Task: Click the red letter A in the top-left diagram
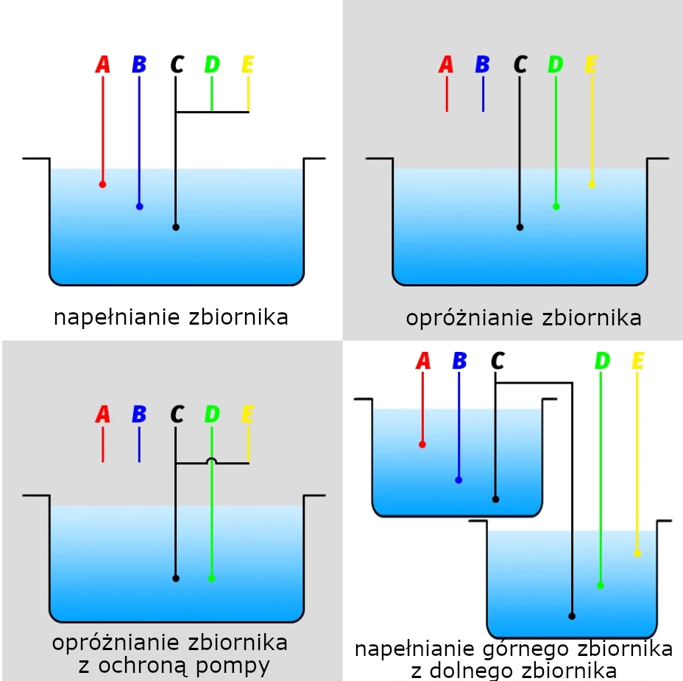(x=102, y=65)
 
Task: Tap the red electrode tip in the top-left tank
(x=102, y=184)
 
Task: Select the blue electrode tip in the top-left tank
(x=139, y=207)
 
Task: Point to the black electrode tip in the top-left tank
(x=175, y=227)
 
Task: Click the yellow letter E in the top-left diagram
(x=248, y=65)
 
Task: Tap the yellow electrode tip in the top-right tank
(x=592, y=184)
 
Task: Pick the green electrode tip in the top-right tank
(x=556, y=207)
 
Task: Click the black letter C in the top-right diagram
(x=520, y=65)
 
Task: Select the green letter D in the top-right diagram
(x=556, y=65)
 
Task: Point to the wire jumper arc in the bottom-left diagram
(x=212, y=461)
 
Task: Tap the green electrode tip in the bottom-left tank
(x=212, y=578)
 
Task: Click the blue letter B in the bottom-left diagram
(x=139, y=414)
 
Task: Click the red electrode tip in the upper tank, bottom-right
(x=422, y=444)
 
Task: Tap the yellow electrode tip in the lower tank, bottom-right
(x=637, y=553)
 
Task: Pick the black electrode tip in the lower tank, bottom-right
(x=572, y=615)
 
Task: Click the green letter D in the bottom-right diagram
(x=602, y=361)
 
